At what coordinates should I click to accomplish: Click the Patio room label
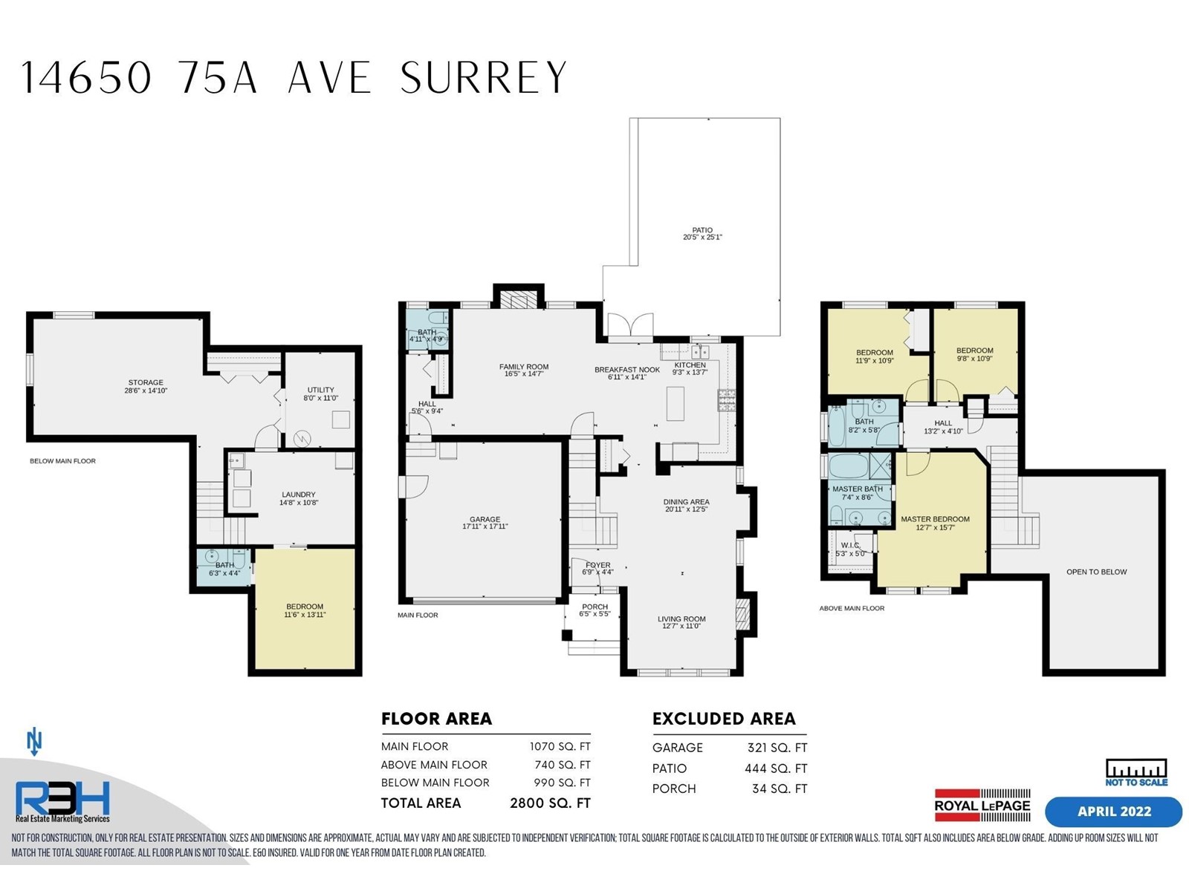tap(702, 230)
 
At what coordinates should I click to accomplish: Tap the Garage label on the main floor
tap(485, 519)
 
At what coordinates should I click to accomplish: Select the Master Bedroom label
tap(935, 519)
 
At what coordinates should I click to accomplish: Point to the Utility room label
tap(321, 390)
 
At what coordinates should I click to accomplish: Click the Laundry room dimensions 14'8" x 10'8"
tap(299, 503)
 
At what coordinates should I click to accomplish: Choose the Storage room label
tap(146, 382)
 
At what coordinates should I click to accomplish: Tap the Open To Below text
tap(1096, 572)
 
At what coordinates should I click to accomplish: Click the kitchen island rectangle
tap(675, 404)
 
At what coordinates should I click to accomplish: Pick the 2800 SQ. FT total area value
tap(550, 803)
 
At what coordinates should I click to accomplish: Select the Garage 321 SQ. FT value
tap(777, 748)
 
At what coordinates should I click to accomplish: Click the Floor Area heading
tap(437, 719)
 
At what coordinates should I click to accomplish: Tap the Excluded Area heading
tap(724, 719)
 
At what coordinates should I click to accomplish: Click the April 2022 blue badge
tap(1114, 812)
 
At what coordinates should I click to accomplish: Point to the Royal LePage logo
tap(982, 806)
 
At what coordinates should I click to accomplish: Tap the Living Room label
tap(681, 619)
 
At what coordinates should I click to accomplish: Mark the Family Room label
tap(524, 367)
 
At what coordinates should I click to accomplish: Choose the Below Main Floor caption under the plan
tap(63, 461)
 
